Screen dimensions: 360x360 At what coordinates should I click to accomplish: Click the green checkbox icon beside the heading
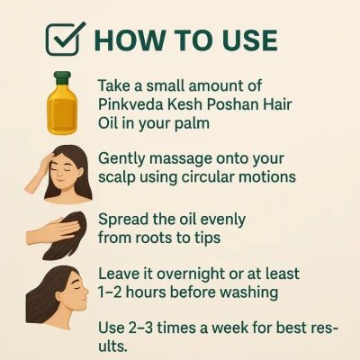point(63,40)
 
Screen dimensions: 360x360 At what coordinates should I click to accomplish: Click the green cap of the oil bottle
point(62,77)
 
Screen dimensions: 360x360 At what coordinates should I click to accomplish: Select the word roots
point(153,238)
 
